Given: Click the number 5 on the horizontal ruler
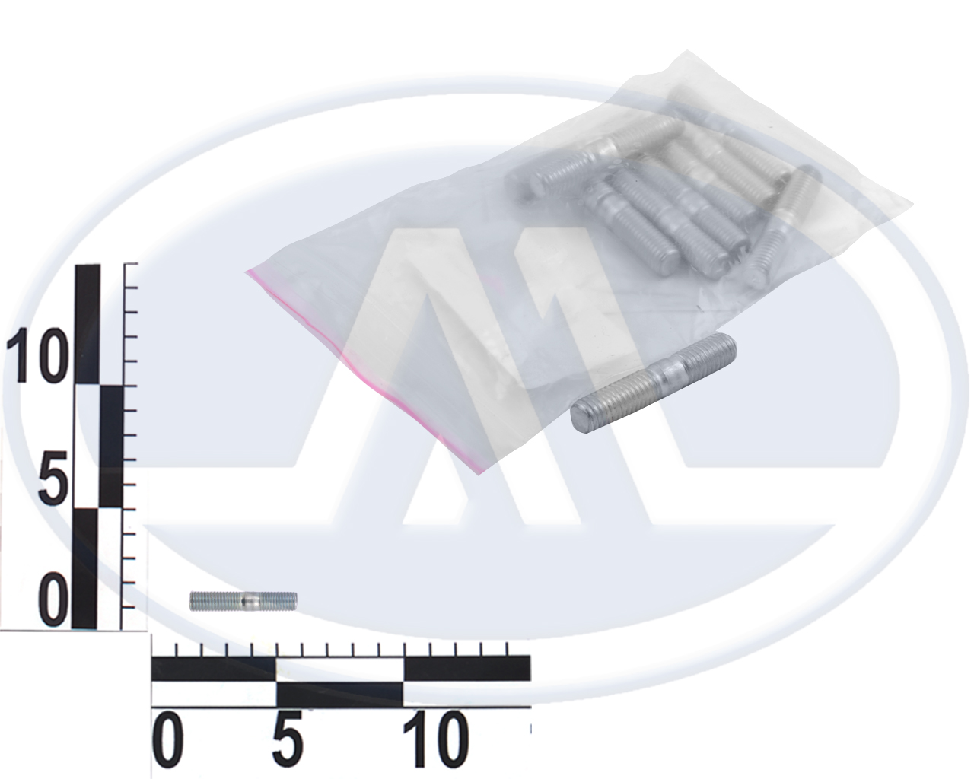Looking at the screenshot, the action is [287, 739].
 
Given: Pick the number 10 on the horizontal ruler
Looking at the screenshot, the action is [434, 739].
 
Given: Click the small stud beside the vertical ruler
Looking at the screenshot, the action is [243, 601].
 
